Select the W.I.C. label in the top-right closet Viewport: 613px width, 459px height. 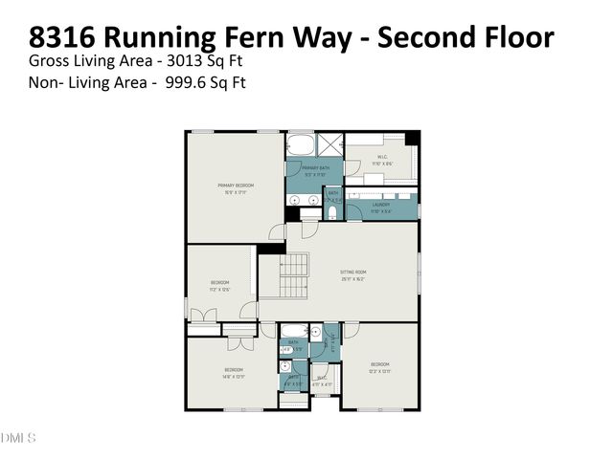coord(381,160)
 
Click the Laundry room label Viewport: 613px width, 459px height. coord(381,207)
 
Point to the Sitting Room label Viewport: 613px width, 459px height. coord(353,274)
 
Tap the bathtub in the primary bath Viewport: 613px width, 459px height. coord(301,146)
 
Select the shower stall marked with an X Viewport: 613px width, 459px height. coord(330,144)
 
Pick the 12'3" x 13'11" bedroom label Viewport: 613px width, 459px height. coord(380,366)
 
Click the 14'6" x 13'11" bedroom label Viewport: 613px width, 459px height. coord(234,372)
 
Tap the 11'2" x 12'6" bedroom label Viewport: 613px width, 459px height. coord(220,285)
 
